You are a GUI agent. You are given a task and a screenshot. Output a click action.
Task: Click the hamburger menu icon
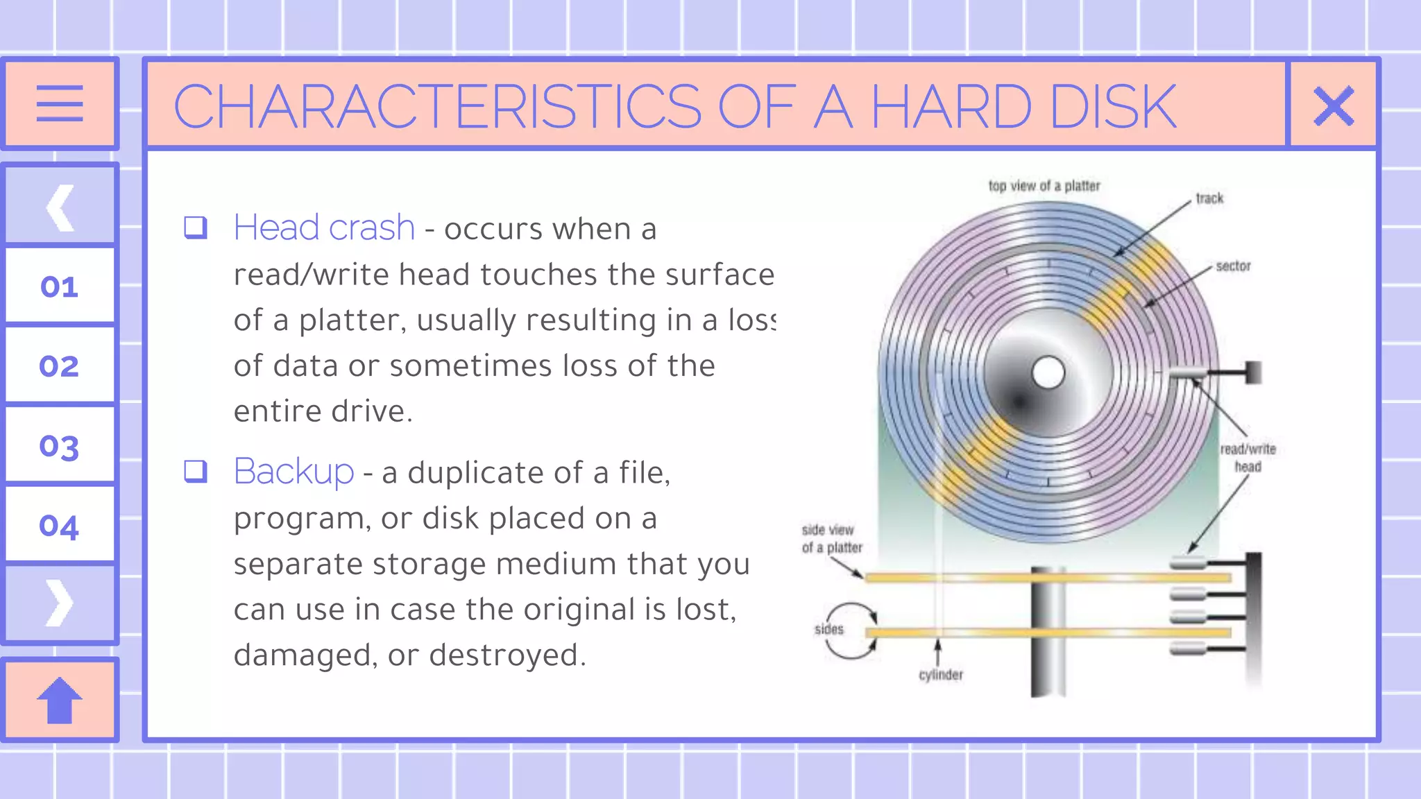point(60,103)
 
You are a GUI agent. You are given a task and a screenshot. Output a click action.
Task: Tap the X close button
point(1334,105)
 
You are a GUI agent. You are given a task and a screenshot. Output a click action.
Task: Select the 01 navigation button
point(60,286)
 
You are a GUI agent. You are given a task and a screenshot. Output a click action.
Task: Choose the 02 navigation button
point(60,366)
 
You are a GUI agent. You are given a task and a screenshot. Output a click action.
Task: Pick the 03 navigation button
point(60,446)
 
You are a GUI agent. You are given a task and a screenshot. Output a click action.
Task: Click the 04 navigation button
point(60,526)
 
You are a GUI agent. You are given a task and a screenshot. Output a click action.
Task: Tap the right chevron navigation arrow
point(60,603)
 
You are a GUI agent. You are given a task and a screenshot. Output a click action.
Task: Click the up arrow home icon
point(60,700)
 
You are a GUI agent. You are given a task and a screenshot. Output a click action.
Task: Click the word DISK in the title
point(1112,107)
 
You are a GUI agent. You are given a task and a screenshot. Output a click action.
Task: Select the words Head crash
point(324,227)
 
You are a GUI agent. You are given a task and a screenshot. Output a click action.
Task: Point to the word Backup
point(293,472)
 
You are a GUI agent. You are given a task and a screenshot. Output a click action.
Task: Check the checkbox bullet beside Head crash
point(196,227)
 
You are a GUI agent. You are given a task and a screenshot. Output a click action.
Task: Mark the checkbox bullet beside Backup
point(196,471)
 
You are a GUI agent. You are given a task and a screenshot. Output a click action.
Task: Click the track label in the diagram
point(1209,198)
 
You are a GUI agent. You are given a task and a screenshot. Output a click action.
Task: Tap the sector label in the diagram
point(1233,266)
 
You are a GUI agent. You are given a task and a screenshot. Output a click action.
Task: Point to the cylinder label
point(941,675)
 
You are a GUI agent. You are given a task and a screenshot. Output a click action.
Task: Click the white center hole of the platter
point(1048,373)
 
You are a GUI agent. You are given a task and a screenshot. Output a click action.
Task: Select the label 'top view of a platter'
point(1044,186)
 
